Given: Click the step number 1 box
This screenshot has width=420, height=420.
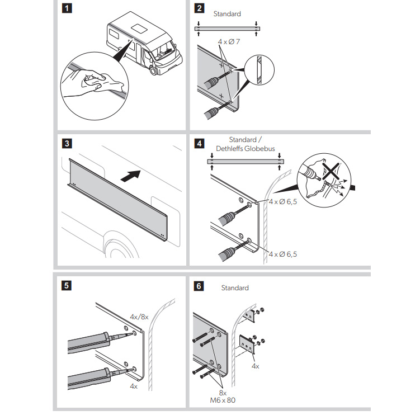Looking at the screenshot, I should pos(67,8).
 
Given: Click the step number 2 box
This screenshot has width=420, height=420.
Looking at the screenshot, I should pos(199,8).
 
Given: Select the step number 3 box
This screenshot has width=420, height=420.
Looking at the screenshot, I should pos(67,144).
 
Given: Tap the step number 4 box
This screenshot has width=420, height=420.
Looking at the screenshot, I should pos(199,144).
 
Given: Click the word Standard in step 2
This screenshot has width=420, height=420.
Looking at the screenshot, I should pos(227,13).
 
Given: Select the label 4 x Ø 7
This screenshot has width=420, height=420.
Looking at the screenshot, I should pos(229,41).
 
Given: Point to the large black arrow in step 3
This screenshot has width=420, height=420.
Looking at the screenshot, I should pos(130,175).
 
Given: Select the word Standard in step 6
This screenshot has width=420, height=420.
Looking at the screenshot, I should pos(234,287).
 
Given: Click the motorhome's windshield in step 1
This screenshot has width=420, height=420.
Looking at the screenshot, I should pos(164,50).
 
